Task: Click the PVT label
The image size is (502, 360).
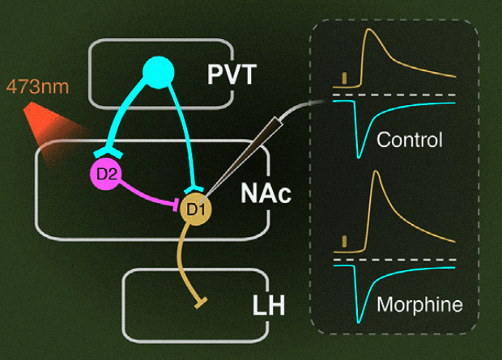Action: (x=231, y=76)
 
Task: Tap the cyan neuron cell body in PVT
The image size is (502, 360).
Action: (x=158, y=74)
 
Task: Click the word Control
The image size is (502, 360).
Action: (x=410, y=141)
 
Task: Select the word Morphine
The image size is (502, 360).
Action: (x=419, y=305)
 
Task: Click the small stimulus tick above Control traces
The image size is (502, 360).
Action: (x=346, y=78)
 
